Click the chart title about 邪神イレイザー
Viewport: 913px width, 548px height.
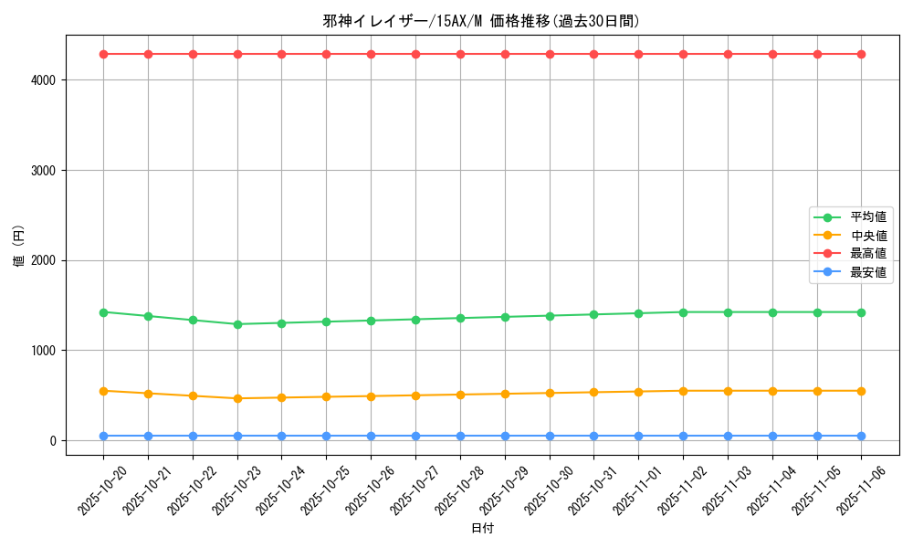[481, 21]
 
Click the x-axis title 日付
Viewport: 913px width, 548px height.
[481, 529]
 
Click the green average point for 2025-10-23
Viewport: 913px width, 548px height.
[237, 324]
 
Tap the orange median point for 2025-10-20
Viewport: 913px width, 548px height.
[103, 391]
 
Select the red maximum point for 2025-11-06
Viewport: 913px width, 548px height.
[861, 54]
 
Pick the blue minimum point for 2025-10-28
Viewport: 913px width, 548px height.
[460, 436]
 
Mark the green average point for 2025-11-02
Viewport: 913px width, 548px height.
[683, 312]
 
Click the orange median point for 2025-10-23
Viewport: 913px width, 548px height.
[237, 398]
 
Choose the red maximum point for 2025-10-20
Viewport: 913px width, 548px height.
[103, 54]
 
